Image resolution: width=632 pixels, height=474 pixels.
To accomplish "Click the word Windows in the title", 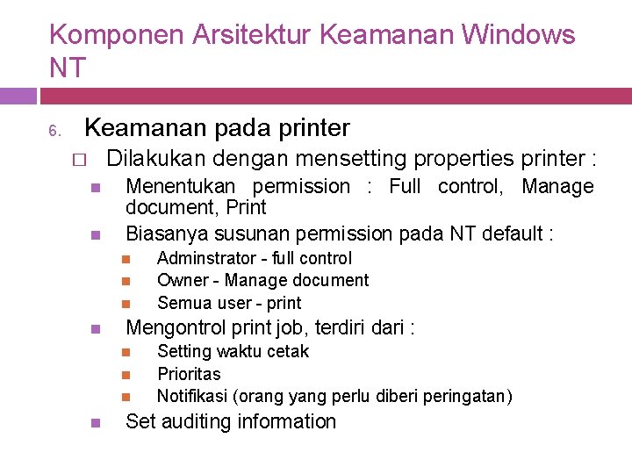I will [518, 35].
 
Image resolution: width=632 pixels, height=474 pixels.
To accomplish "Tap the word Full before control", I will [404, 186].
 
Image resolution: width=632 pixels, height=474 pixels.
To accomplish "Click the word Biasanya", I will [164, 233].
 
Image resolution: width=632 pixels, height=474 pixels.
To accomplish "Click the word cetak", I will [288, 351].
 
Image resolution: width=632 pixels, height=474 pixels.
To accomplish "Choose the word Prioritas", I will [189, 374].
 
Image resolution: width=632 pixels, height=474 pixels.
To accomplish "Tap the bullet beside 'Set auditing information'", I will [96, 422].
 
